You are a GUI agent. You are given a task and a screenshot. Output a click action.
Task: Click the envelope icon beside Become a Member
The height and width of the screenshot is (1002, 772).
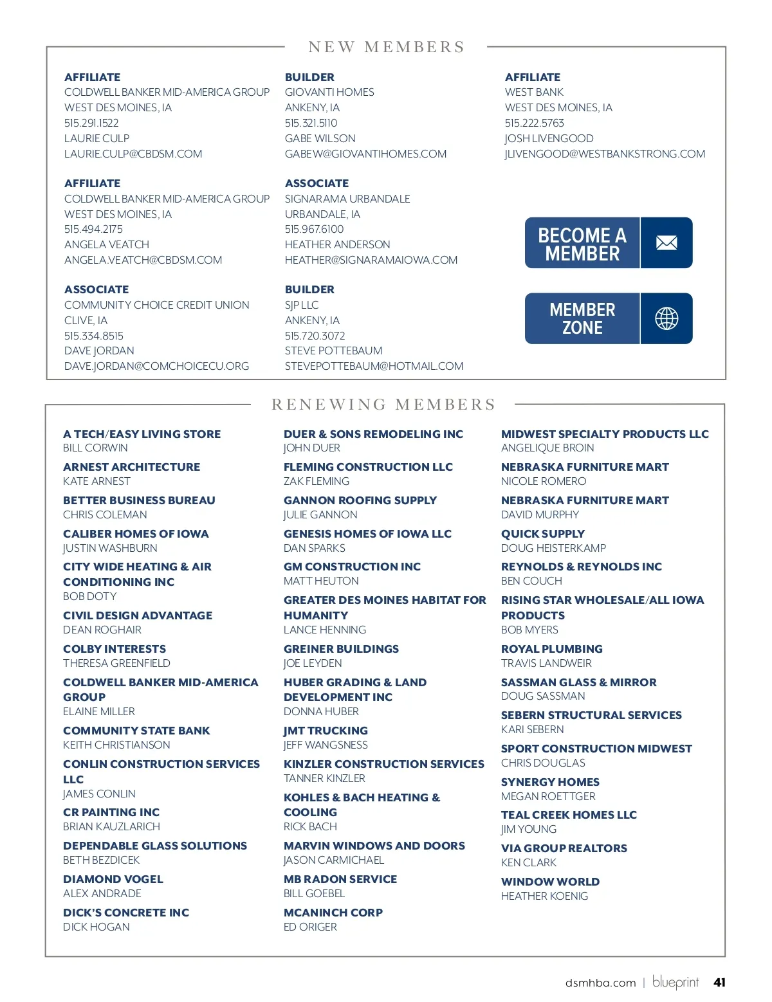[666, 242]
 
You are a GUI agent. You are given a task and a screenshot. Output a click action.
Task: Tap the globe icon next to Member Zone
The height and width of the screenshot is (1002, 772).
[666, 318]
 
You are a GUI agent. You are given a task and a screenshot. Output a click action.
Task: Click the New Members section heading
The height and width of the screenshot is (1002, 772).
[386, 47]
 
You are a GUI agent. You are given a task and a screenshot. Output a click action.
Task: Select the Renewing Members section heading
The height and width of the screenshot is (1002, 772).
[383, 405]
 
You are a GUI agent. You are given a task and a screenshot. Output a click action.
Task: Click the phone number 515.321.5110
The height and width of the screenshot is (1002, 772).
[311, 123]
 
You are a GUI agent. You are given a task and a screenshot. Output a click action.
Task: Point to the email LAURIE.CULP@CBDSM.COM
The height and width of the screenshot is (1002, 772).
[133, 154]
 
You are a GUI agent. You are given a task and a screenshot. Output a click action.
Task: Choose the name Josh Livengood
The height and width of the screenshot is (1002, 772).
[549, 138]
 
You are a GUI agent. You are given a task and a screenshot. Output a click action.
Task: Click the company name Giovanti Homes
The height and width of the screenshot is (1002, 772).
[329, 92]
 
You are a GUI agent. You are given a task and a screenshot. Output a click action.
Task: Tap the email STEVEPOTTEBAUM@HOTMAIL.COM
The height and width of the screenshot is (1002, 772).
[374, 366]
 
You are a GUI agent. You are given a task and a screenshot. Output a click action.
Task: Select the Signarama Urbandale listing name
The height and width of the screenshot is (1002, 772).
[347, 199]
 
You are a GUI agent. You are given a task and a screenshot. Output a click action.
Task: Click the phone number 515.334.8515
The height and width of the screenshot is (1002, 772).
[93, 336]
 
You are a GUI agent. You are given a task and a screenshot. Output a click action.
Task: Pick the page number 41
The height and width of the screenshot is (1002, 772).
[719, 982]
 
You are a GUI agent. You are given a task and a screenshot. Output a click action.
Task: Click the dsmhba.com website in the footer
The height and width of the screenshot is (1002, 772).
[600, 983]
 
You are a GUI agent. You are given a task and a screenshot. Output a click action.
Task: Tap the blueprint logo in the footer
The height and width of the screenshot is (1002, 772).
[675, 982]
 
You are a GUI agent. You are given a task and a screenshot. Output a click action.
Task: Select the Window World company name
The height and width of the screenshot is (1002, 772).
[550, 882]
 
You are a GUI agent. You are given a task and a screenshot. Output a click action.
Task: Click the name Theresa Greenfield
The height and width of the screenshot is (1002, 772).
[116, 663]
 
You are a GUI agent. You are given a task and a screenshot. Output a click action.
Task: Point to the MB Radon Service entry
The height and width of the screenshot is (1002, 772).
[340, 879]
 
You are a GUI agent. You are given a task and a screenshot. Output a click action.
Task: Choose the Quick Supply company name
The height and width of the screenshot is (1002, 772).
[543, 534]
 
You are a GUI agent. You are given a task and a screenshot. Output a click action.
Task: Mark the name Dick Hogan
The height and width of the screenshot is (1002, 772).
[96, 927]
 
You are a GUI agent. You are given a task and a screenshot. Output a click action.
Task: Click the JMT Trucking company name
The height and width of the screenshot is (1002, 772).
[326, 731]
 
